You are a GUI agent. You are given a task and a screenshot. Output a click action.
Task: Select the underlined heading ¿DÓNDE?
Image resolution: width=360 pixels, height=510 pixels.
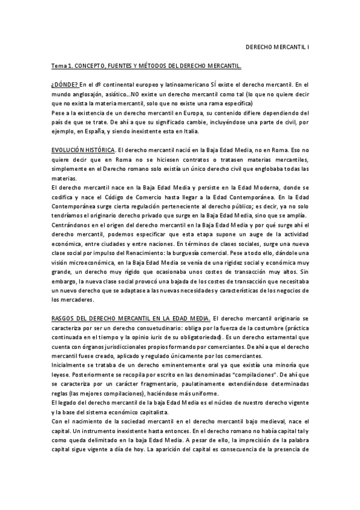64,84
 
